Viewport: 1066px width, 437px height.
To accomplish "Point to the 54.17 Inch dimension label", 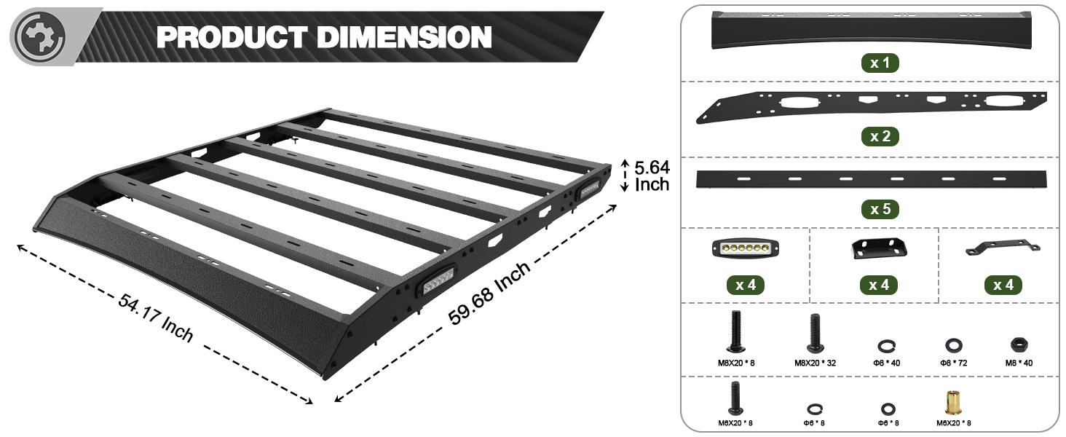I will click(x=156, y=318).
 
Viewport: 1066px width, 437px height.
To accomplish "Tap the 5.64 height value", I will click(x=652, y=167).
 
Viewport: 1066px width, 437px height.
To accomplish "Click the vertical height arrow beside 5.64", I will click(x=623, y=176).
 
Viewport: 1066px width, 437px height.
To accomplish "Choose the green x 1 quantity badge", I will click(x=880, y=63).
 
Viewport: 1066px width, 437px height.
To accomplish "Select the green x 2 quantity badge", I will click(x=880, y=136).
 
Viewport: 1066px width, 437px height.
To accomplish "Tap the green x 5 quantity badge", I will click(x=880, y=210).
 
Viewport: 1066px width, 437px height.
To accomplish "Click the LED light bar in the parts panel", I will click(x=745, y=248).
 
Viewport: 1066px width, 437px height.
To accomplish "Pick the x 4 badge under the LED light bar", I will click(x=745, y=285).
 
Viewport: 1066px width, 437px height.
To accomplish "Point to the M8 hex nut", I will click(x=1017, y=344).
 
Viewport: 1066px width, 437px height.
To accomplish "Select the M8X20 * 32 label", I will click(x=814, y=363).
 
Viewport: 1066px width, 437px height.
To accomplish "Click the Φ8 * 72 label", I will click(x=952, y=363).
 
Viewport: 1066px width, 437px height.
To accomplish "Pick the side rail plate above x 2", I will click(x=871, y=106).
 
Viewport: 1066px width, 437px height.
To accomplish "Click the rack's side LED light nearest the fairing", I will click(x=437, y=281).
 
